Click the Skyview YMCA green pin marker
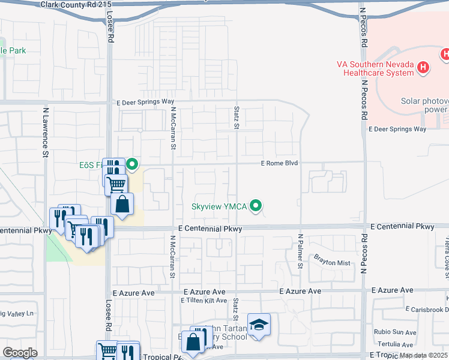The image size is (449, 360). [x=256, y=206]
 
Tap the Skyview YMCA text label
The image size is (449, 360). [x=219, y=206]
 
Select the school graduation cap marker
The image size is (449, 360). [x=259, y=325]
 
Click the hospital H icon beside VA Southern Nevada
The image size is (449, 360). [x=423, y=67]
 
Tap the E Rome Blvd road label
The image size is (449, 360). [x=279, y=163]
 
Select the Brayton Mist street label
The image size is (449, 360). [x=332, y=262]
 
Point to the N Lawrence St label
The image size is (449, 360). [x=46, y=133]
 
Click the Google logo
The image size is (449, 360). [x=20, y=353]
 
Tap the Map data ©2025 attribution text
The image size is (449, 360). [x=424, y=355]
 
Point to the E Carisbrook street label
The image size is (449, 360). [x=427, y=310]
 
